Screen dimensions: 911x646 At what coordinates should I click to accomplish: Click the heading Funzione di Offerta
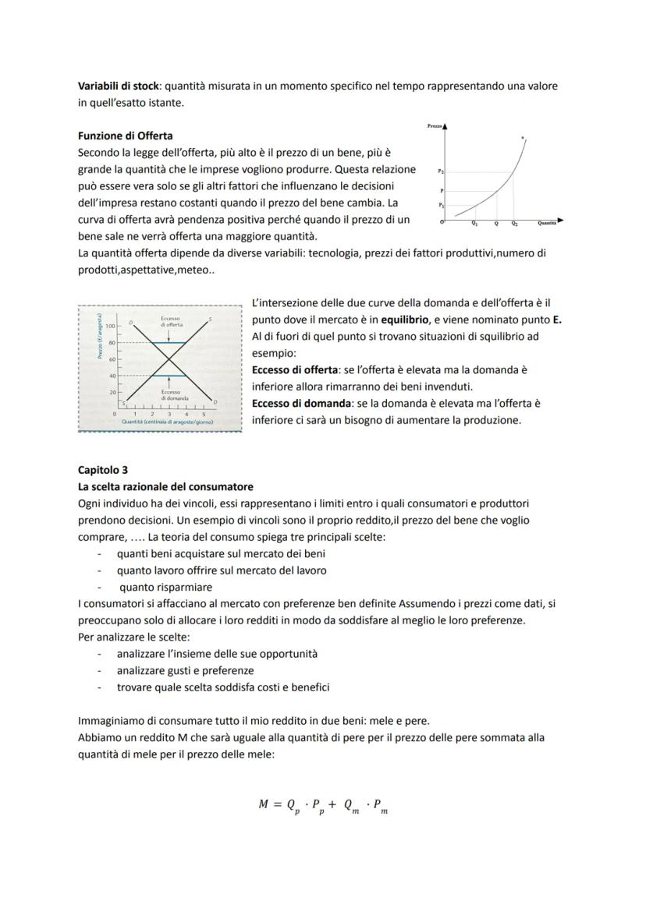pyautogui.click(x=126, y=136)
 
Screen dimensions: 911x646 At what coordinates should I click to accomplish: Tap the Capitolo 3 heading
pyautogui.click(x=104, y=470)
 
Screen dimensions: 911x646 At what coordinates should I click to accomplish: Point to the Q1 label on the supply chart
pyautogui.click(x=475, y=223)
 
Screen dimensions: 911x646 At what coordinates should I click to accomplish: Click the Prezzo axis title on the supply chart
pyautogui.click(x=435, y=125)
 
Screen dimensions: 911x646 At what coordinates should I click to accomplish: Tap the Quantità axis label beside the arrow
pyautogui.click(x=547, y=223)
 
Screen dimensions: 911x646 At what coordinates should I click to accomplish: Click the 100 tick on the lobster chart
pyautogui.click(x=110, y=325)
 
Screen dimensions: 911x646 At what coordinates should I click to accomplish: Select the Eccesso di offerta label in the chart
pyautogui.click(x=169, y=321)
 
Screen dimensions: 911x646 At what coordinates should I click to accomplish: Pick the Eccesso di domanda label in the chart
pyautogui.click(x=169, y=394)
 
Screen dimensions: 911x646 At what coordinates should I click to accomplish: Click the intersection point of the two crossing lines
pyautogui.click(x=169, y=359)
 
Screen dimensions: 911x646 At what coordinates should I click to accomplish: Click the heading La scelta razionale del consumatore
pyautogui.click(x=165, y=487)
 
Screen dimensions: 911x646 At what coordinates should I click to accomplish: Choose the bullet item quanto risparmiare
pyautogui.click(x=165, y=588)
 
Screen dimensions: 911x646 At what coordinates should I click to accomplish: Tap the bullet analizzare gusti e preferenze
pyautogui.click(x=185, y=670)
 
